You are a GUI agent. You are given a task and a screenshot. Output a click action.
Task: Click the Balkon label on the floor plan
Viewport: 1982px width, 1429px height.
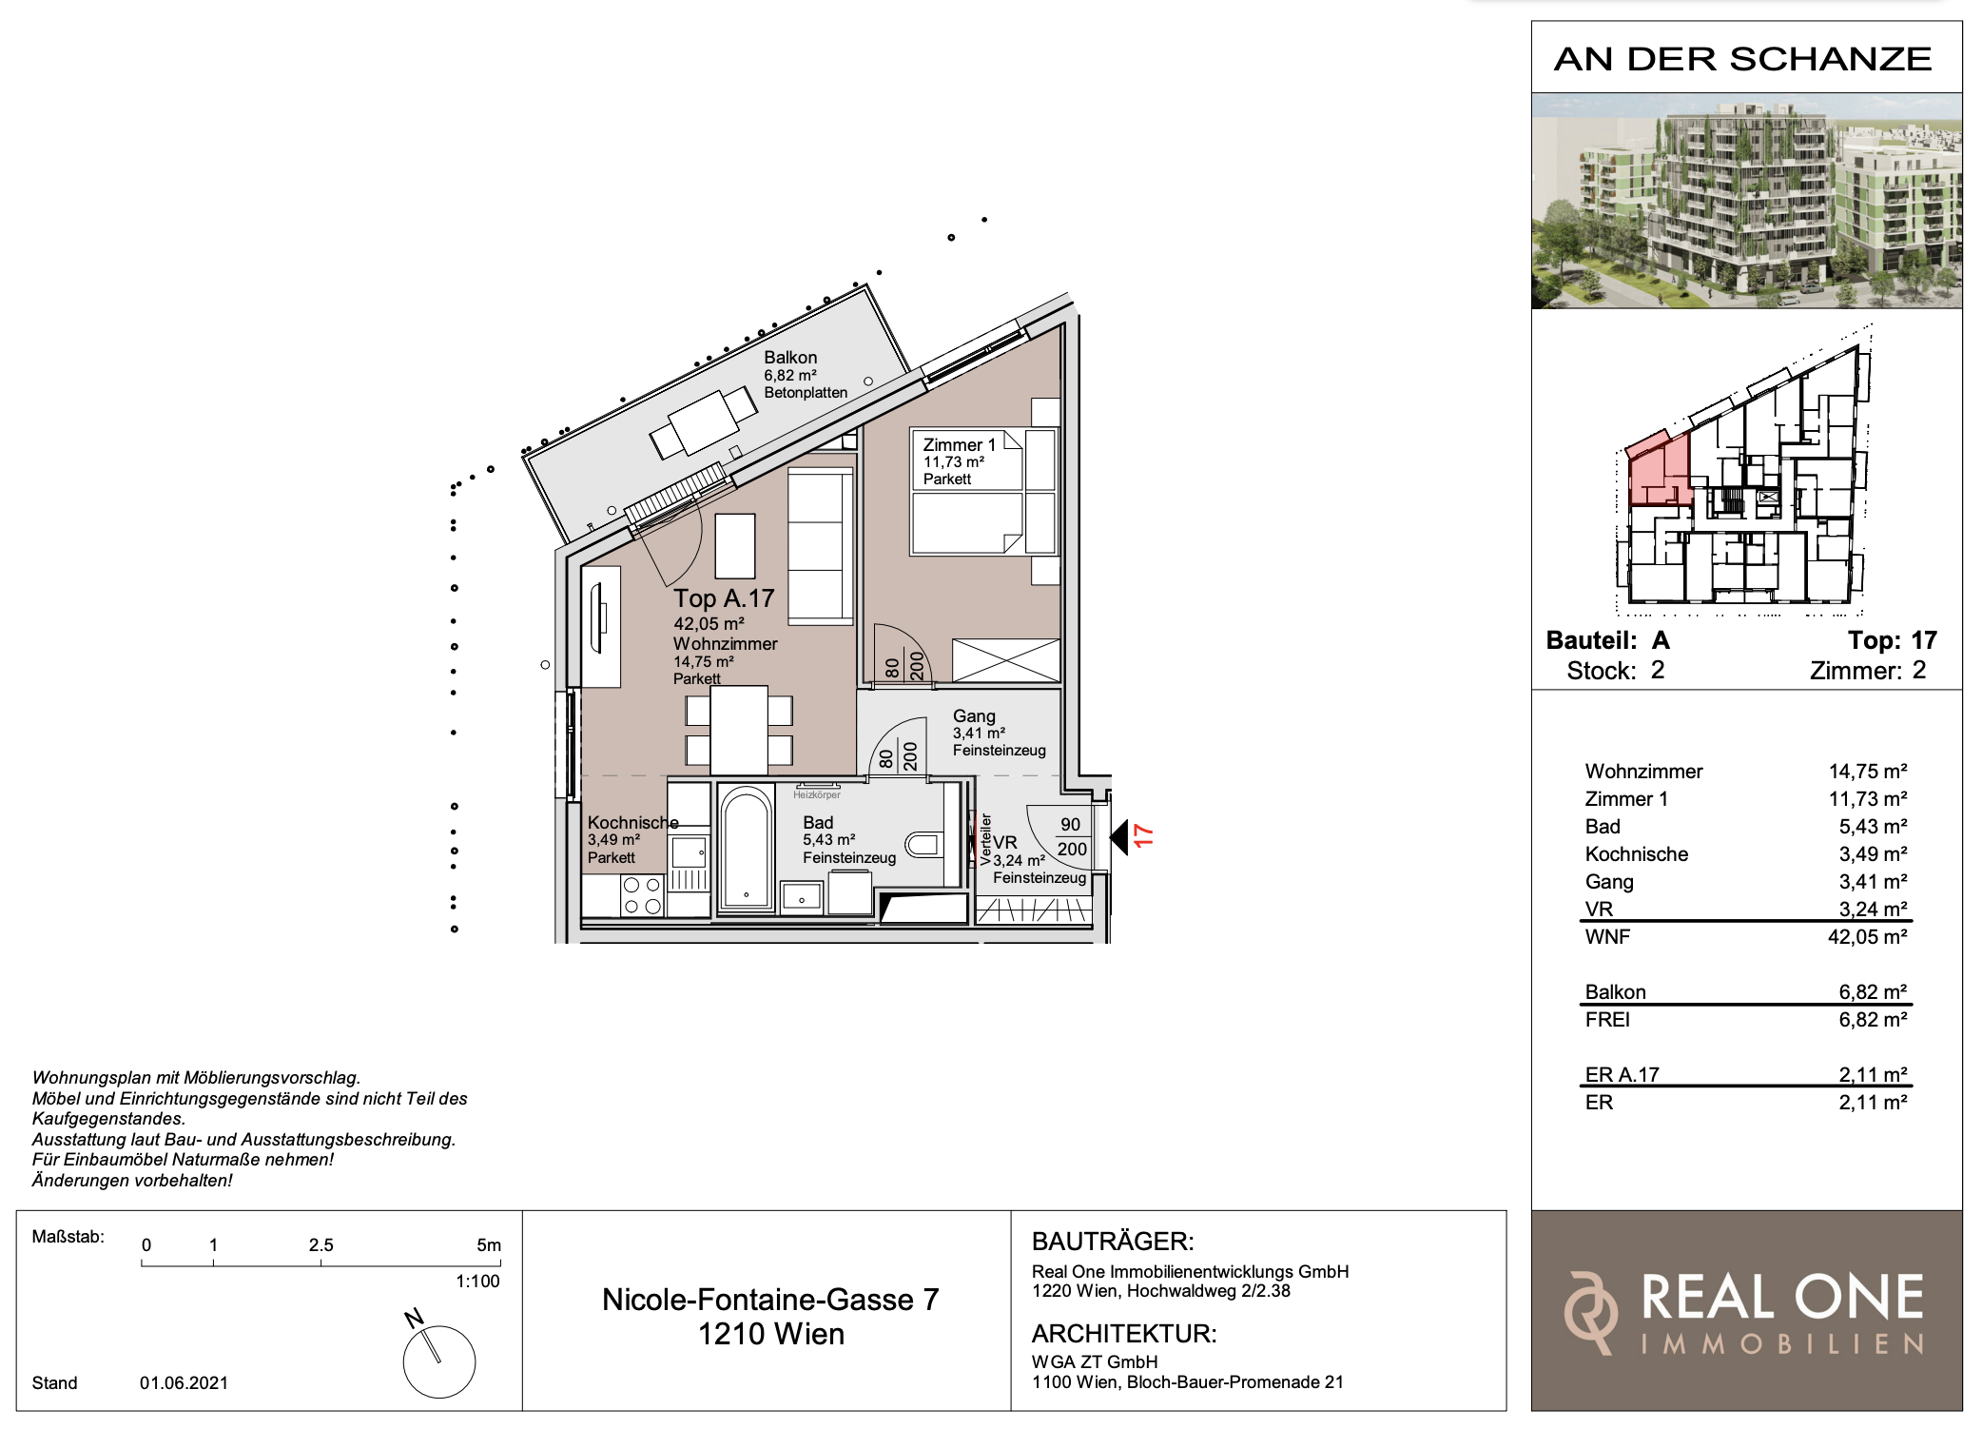coord(790,358)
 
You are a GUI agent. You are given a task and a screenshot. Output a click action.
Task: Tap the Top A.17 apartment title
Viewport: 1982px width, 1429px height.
coord(724,598)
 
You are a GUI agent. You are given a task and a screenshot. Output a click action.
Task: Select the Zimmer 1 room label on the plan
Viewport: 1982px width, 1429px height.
coord(959,445)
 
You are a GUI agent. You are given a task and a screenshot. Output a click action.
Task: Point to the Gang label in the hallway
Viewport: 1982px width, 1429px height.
coord(974,716)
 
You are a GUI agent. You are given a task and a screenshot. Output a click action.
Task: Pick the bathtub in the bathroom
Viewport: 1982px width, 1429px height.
coord(747,847)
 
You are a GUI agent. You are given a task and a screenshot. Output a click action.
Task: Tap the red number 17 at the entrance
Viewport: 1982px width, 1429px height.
coord(1143,836)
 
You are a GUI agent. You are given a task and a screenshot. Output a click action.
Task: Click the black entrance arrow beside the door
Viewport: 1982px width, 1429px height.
coord(1118,837)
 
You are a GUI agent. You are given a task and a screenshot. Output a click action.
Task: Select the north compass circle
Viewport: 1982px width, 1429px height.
coord(439,1361)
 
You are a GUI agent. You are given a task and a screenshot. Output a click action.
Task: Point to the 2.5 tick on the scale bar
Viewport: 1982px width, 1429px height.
coord(321,1262)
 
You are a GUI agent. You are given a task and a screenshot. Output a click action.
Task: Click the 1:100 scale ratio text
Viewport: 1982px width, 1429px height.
coord(477,1282)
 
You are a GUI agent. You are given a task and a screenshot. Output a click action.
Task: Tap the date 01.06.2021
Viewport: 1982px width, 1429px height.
coord(184,1383)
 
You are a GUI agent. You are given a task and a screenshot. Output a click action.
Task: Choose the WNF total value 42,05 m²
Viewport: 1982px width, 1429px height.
coord(1867,937)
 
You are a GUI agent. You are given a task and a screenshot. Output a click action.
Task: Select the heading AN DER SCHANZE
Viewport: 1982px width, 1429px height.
coord(1742,59)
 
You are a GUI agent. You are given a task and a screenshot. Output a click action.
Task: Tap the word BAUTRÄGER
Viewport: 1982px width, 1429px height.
coord(1113,1242)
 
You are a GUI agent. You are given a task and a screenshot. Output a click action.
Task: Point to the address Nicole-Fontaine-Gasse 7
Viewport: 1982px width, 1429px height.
coord(770,1300)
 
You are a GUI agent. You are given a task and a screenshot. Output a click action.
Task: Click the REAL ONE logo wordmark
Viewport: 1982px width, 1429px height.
coord(1782,1298)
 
